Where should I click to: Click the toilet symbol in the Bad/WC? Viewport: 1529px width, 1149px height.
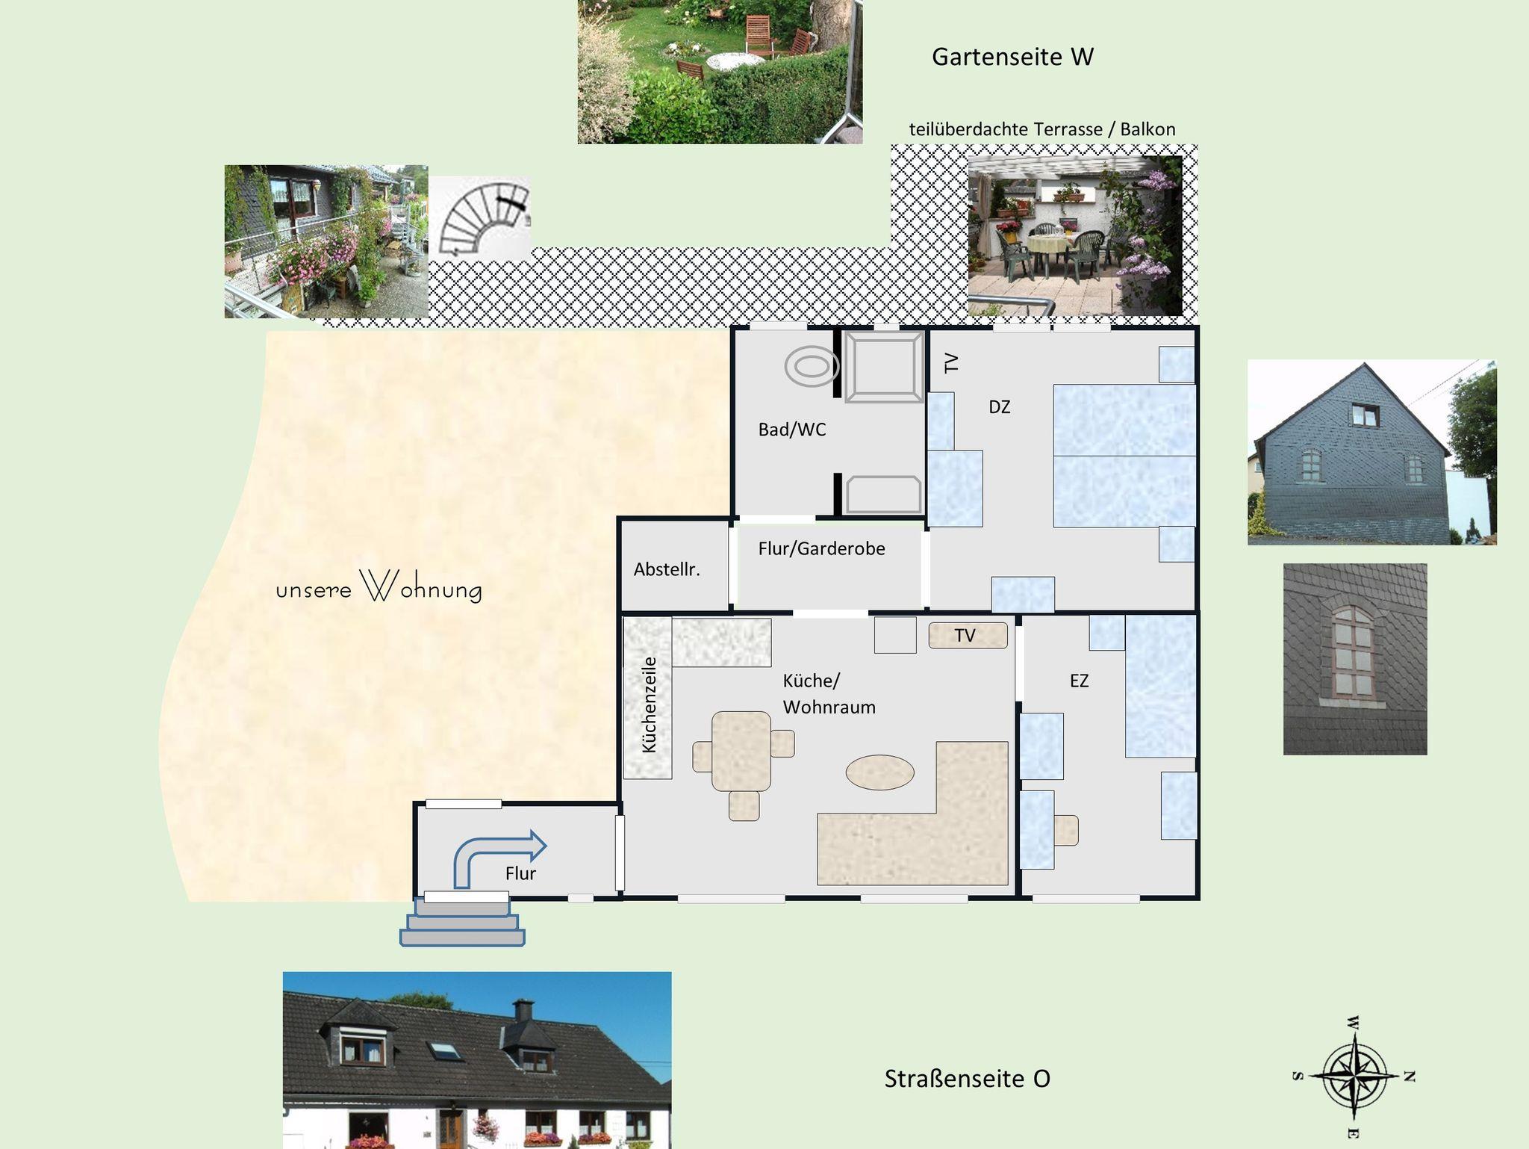point(812,367)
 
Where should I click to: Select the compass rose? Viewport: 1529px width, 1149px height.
point(1353,1077)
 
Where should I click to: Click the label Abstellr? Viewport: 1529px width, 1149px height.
point(667,569)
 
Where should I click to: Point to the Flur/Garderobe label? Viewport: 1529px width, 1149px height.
point(821,548)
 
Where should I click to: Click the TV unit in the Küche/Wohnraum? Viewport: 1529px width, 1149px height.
point(968,635)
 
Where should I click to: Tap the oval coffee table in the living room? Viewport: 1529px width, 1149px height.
point(879,772)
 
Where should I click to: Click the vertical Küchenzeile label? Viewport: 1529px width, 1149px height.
point(649,704)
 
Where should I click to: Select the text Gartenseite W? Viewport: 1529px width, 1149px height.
point(1012,57)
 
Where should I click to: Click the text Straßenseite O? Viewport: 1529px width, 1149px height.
point(967,1079)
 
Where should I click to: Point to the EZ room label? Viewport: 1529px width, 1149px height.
point(1079,681)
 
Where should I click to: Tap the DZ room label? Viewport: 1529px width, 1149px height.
point(999,407)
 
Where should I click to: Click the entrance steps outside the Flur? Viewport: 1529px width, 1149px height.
point(463,922)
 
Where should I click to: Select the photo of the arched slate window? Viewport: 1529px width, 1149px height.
point(1355,659)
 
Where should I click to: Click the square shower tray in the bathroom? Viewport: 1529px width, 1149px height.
point(884,368)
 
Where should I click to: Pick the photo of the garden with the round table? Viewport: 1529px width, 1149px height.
point(720,72)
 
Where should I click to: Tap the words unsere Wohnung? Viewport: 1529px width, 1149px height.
point(379,587)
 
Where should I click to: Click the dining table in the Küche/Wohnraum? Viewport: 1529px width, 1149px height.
point(741,751)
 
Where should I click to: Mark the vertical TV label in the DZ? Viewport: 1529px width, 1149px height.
point(950,363)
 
